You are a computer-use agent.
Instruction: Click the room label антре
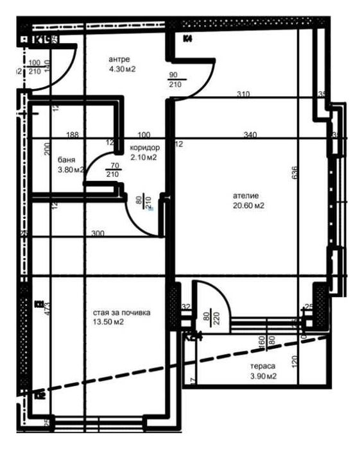119,59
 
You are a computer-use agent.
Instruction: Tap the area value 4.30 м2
121,69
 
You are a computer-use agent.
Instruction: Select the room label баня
66,160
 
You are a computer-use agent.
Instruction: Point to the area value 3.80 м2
71,170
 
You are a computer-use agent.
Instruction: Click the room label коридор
144,148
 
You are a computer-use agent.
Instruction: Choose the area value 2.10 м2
144,157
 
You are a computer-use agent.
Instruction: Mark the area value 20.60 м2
249,206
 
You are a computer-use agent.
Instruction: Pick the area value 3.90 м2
263,377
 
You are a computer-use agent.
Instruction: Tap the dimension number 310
243,94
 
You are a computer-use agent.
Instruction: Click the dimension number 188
72,135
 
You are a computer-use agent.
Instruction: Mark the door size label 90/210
175,80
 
